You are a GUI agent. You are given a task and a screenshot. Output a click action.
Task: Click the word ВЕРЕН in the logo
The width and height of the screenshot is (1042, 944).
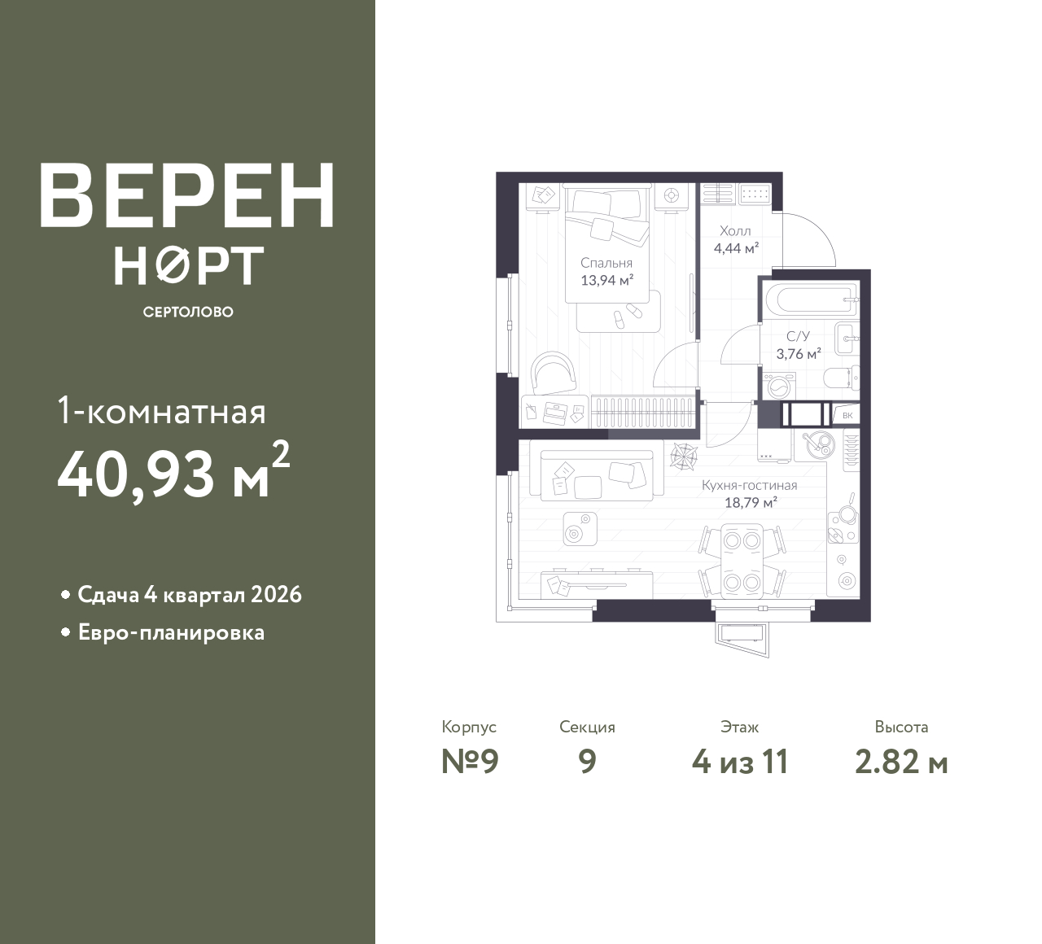[x=187, y=194]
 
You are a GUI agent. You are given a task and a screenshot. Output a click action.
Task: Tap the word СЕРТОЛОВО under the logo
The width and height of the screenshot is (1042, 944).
[x=188, y=312]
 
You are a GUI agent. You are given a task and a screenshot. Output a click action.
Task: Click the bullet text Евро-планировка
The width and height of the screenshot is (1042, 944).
[x=172, y=633]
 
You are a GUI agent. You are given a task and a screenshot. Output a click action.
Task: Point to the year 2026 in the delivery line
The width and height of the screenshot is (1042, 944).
[x=276, y=595]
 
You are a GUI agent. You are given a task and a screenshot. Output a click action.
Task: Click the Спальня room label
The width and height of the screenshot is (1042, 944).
[x=606, y=263]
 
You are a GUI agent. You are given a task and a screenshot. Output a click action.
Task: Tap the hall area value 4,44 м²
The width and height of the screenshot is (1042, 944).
[x=736, y=248]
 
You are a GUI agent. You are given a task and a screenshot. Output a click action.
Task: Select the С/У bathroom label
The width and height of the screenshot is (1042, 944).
[x=799, y=336]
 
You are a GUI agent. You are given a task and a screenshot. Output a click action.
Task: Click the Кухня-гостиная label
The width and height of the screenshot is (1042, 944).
[x=750, y=486]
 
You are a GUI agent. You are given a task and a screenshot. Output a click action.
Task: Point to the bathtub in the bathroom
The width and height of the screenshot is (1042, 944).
[x=810, y=299]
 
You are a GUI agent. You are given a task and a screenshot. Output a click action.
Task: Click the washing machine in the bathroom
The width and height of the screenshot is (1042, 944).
[x=778, y=386]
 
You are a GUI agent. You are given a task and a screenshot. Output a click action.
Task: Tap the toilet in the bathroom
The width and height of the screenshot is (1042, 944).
[x=841, y=378]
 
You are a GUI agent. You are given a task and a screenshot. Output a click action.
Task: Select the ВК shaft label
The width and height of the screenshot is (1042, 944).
[x=847, y=415]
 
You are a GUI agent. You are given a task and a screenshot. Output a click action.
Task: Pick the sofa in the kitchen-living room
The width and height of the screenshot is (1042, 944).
[x=597, y=475]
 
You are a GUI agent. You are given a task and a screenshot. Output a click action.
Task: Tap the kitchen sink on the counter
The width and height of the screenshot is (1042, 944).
[x=818, y=445]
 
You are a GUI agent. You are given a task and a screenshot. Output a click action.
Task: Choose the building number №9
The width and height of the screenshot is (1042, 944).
[x=470, y=762]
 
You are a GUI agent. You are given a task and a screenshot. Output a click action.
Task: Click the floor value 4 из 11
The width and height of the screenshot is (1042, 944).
[x=740, y=762]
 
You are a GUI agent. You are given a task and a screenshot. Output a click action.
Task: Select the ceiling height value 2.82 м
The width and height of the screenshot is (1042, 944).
[x=901, y=763]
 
